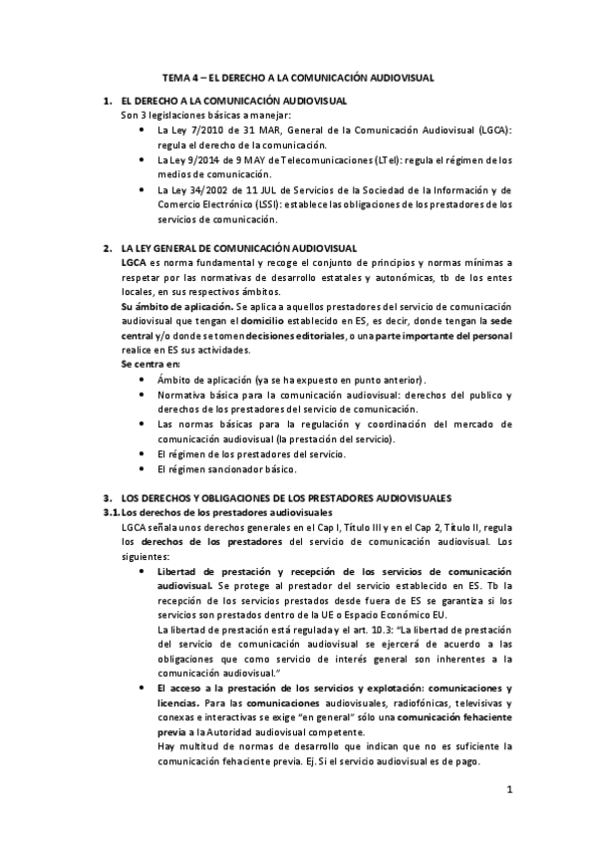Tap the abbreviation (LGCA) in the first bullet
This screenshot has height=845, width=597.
tap(492, 131)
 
